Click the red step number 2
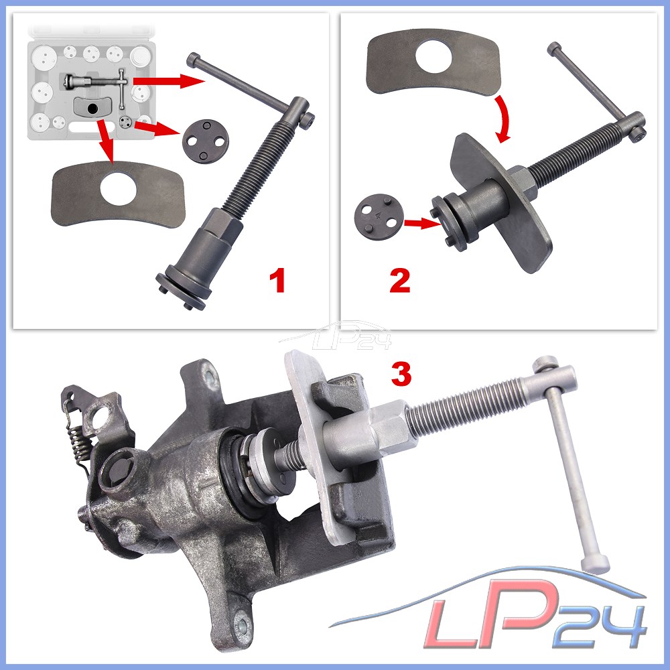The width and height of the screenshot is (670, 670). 400,281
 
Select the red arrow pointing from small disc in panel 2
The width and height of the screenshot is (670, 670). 421,222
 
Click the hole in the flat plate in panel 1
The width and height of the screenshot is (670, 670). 119,189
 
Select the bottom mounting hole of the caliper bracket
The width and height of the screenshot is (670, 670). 241,626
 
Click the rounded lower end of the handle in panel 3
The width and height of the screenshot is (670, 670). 595,563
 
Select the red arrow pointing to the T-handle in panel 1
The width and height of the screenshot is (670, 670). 170,80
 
